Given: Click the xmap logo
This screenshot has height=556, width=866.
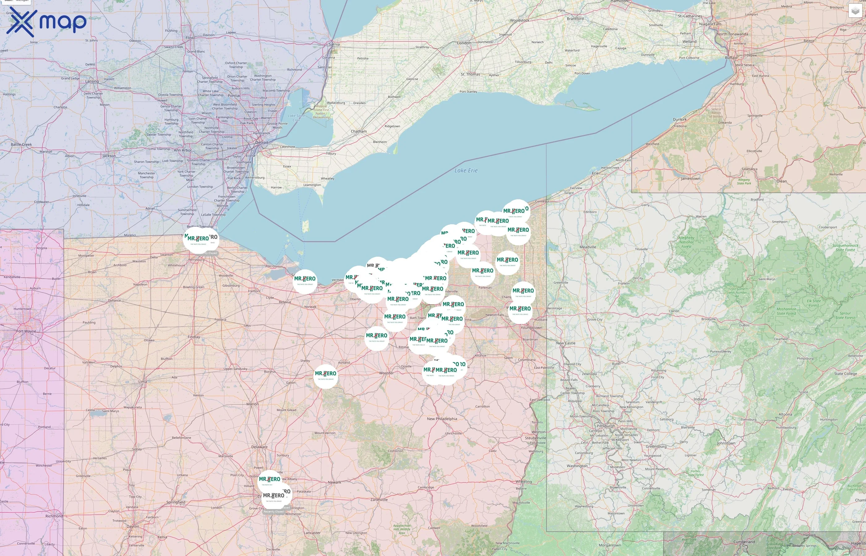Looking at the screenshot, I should pyautogui.click(x=46, y=22).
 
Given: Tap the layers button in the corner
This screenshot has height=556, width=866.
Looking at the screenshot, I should pyautogui.click(x=855, y=11).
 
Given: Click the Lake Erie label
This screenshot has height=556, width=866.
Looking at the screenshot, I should pyautogui.click(x=466, y=171).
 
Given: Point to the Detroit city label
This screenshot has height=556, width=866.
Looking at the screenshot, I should pyautogui.click(x=262, y=143).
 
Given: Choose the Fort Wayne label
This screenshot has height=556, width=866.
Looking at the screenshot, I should pyautogui.click(x=26, y=331).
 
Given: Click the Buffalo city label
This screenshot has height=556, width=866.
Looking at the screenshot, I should pyautogui.click(x=731, y=58).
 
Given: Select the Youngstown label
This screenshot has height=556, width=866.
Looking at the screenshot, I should pyautogui.click(x=531, y=328).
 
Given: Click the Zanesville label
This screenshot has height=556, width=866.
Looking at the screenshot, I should pyautogui.click(x=379, y=500).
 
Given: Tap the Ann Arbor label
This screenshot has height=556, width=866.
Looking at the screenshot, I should pyautogui.click(x=182, y=150).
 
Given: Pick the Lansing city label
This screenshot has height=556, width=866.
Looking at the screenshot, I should pyautogui.click(x=92, y=81).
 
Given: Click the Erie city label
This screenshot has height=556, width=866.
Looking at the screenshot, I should pyautogui.click(x=595, y=173).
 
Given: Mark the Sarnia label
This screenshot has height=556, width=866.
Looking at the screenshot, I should pyautogui.click(x=334, y=44).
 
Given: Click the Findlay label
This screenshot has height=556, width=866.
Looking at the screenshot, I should pyautogui.click(x=194, y=337).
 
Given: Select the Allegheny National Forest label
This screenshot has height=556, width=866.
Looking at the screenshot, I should pyautogui.click(x=686, y=242).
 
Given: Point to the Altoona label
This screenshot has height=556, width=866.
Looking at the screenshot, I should pyautogui.click(x=785, y=415).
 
